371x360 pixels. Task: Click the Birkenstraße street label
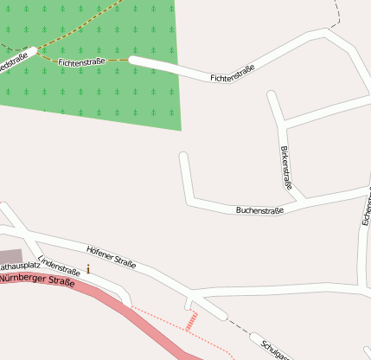pyautogui.click(x=286, y=168)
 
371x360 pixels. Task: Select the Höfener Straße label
pyautogui.click(x=112, y=257)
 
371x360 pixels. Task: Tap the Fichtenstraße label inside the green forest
pyautogui.click(x=82, y=62)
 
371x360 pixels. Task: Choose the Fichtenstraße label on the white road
pyautogui.click(x=232, y=74)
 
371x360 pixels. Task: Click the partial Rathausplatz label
pyautogui.click(x=19, y=265)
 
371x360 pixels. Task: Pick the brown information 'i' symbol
pyautogui.click(x=87, y=270)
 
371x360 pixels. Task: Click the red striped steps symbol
pyautogui.click(x=191, y=320)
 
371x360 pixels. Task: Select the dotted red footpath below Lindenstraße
pyautogui.click(x=173, y=321)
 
